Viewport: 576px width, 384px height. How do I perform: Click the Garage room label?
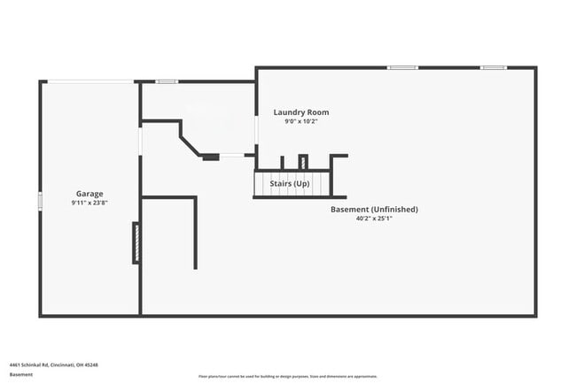pos(89,193)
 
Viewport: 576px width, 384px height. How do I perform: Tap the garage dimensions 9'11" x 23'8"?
pos(89,203)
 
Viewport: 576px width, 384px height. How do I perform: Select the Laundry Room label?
pos(301,112)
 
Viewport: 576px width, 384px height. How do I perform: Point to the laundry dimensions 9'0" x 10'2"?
pos(301,122)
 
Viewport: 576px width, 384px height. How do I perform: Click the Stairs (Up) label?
pos(289,183)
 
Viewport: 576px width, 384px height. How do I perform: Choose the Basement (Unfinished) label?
pos(373,209)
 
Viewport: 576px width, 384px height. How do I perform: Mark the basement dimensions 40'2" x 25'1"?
pos(373,219)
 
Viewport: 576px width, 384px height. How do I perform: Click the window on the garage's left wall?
pos(40,202)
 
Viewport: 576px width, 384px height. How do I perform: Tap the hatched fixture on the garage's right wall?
pos(136,242)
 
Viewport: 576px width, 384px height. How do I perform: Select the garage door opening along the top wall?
pos(90,81)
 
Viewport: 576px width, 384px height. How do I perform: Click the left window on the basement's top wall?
pos(402,67)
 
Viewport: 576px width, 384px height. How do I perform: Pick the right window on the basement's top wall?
pos(493,67)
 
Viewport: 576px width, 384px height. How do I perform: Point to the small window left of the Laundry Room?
pos(167,81)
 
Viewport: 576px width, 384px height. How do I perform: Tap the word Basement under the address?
pos(21,374)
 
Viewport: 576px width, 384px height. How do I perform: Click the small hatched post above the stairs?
pos(302,162)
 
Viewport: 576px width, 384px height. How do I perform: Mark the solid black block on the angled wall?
pos(210,157)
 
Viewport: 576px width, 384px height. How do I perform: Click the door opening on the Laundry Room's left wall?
pos(256,133)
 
